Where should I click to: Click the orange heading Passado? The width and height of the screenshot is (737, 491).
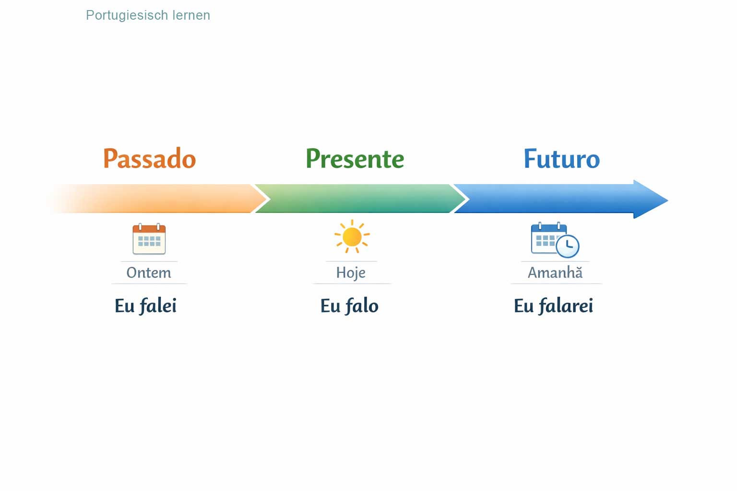[x=149, y=159]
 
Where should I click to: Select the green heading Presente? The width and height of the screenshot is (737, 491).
[x=355, y=159]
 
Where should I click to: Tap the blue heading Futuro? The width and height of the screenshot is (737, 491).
[x=561, y=159]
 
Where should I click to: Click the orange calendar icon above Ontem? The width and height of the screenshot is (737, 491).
[x=149, y=239]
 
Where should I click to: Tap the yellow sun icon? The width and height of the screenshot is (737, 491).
[x=352, y=236]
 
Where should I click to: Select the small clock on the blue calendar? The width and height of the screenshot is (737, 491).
[x=568, y=246]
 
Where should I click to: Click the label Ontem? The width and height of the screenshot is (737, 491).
[x=149, y=273]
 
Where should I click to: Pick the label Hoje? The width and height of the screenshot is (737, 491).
[x=351, y=273]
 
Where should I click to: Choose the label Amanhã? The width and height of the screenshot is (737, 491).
[x=555, y=273]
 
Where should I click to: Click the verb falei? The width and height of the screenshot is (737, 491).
[x=158, y=306]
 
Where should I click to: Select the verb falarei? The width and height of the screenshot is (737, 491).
[x=566, y=306]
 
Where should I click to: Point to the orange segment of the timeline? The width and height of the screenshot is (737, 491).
[x=158, y=199]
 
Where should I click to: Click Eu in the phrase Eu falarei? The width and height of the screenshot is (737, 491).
[x=523, y=306]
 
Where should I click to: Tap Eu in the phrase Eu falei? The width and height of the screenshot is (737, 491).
[x=124, y=306]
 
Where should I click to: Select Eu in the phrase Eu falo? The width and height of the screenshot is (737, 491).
[x=330, y=306]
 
